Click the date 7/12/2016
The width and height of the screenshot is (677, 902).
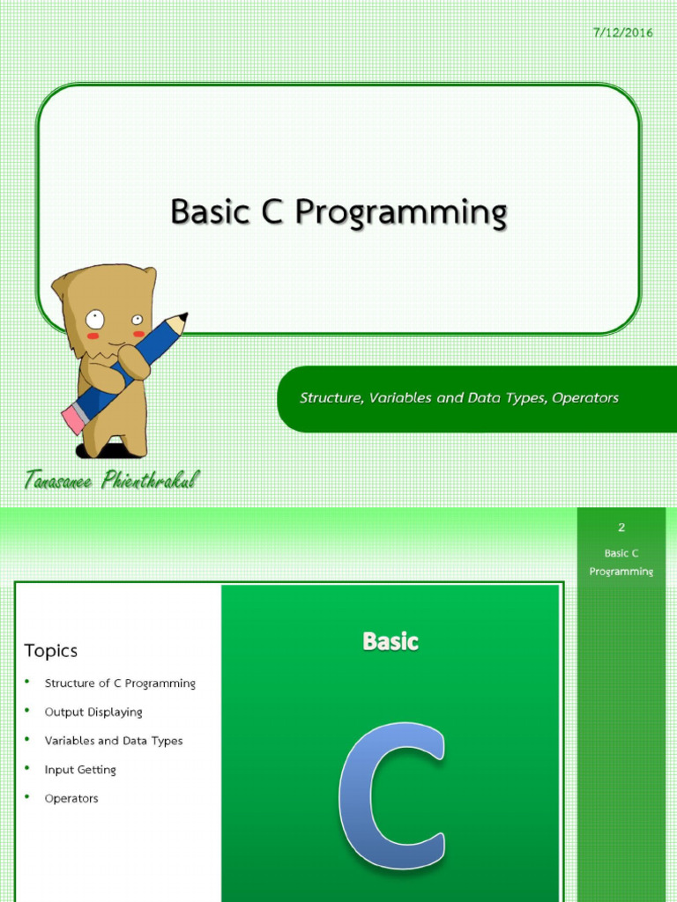pos(623,33)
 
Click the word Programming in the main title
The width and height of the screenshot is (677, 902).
pos(401,213)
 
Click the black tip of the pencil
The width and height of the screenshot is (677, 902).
pos(182,317)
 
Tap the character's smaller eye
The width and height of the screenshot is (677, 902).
pos(137,320)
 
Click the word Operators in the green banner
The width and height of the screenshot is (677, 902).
pos(585,398)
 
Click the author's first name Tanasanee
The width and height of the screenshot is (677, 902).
pos(58,480)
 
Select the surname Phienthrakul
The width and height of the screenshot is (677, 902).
pos(151,479)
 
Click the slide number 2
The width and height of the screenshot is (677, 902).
pos(621,528)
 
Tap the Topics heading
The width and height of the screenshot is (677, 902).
pos(50,651)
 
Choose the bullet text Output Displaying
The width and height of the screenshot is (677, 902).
pos(93,712)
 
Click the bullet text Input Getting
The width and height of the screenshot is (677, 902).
pos(80,770)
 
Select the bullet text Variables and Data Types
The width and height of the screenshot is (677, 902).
pos(114,741)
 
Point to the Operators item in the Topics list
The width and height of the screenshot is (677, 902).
pos(71,799)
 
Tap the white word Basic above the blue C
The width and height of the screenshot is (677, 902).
pos(391,641)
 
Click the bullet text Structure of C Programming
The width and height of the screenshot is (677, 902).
pos(120,684)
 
